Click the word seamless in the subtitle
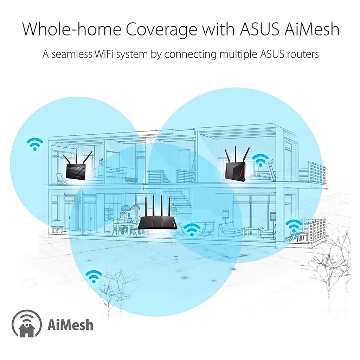click(75, 54)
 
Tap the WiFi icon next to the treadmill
click(260, 160)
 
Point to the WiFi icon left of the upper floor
click(35, 143)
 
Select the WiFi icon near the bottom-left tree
click(94, 277)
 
